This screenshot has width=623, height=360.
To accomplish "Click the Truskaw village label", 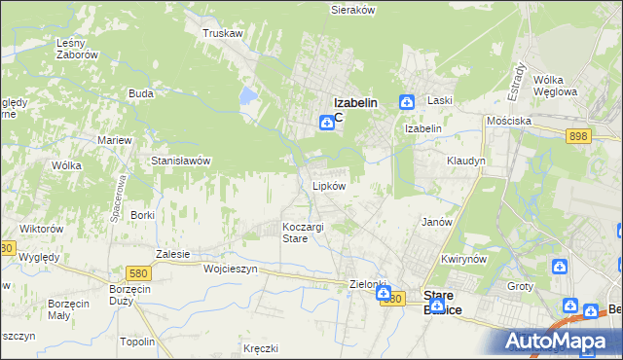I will point(221,33).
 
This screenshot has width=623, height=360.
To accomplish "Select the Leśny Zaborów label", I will point(78,49).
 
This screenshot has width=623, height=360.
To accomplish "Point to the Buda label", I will point(141,94).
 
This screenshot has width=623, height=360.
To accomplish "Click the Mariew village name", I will point(114,140).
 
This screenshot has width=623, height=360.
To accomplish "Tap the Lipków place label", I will point(329,185).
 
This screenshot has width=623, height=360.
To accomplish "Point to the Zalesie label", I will point(172,253).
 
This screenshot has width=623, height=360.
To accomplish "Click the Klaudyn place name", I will point(465,161).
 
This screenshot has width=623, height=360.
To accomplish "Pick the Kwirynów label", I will point(462,260).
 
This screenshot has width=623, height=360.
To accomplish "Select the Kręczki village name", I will point(261,347).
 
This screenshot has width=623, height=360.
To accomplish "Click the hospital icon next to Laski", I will point(407,102).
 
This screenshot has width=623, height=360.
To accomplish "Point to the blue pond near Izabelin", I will point(248,96).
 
